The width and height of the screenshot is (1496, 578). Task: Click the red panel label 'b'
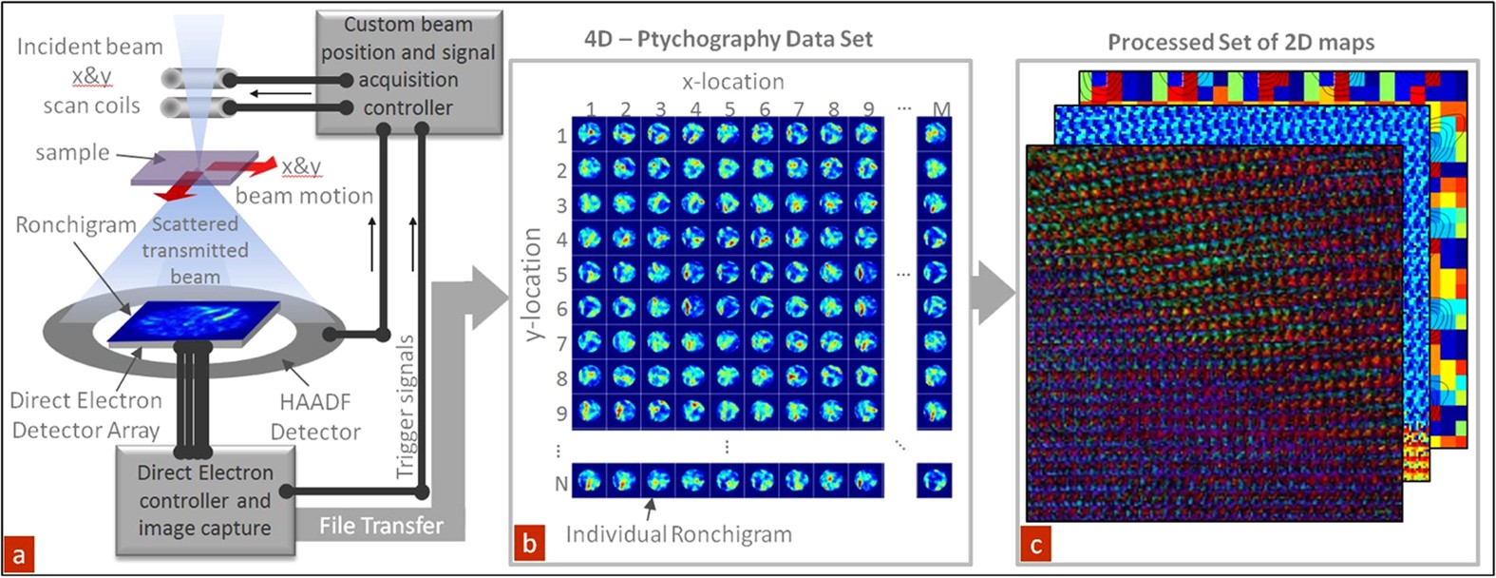click(529, 544)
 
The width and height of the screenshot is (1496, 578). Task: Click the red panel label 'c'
click(1035, 544)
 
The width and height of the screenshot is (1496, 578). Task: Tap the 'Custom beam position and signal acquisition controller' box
click(407, 66)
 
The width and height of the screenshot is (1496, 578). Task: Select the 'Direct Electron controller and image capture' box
click(204, 500)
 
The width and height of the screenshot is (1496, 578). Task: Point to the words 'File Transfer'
click(381, 526)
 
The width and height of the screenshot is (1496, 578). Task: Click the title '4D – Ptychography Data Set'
click(728, 39)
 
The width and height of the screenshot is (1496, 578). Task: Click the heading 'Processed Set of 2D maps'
click(1240, 42)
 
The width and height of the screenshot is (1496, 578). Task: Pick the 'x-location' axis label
click(732, 82)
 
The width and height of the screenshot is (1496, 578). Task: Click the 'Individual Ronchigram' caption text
click(678, 534)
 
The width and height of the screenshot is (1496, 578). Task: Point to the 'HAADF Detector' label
click(315, 416)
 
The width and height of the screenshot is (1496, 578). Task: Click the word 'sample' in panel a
click(72, 153)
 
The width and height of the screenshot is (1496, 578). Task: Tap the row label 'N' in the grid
click(560, 483)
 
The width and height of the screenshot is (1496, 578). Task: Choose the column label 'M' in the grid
click(940, 109)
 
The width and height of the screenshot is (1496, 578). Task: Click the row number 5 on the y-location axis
click(561, 275)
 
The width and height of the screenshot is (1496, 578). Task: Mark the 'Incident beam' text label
click(89, 47)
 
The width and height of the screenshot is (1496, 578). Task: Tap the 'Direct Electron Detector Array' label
click(85, 415)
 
